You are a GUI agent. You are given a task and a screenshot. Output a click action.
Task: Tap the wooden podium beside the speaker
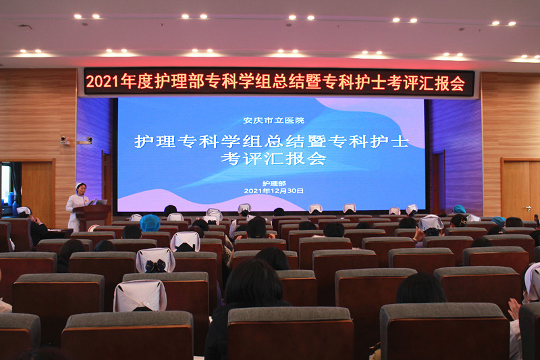(x=92, y=216)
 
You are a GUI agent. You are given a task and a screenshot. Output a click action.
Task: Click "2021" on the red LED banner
(x=103, y=82)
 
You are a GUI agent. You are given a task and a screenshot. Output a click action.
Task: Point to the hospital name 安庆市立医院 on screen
(x=274, y=120)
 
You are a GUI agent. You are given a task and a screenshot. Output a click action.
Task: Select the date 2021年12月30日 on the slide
(x=274, y=191)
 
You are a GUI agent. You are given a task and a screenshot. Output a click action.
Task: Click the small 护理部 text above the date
(x=274, y=184)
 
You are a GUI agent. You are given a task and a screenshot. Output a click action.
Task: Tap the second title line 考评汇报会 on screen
(x=273, y=159)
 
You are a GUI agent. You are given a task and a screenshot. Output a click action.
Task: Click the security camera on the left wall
(x=64, y=140)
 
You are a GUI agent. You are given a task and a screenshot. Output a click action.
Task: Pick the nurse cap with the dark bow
(x=155, y=261)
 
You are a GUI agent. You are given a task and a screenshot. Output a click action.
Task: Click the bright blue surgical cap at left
(x=150, y=223)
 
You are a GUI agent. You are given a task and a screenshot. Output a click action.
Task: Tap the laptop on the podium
(x=101, y=202)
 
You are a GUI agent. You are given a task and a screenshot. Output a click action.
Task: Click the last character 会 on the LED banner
(x=458, y=83)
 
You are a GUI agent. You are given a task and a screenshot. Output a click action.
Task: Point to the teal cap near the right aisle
(x=459, y=209)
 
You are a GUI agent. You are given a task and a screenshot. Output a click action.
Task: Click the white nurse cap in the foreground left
(x=140, y=296)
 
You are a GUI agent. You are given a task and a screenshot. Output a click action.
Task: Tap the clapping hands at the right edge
(x=515, y=309)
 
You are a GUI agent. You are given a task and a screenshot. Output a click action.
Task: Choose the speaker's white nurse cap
(x=80, y=184)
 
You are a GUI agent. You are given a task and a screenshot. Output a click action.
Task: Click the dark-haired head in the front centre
(x=254, y=282)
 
